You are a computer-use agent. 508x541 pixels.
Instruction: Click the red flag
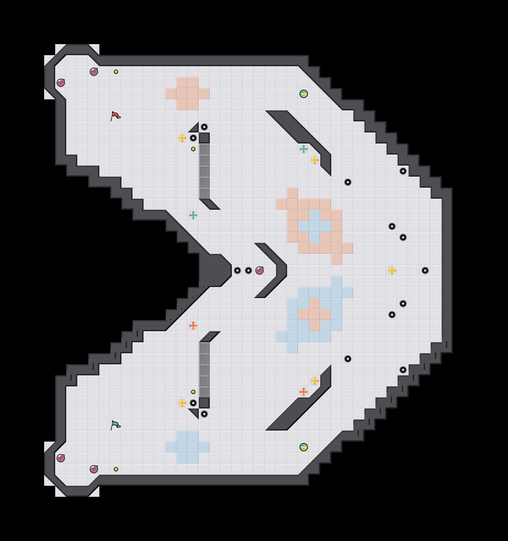click(x=116, y=116)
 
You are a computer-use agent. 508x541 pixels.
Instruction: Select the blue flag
click(x=116, y=425)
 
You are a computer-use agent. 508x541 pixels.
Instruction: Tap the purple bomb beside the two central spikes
click(x=260, y=270)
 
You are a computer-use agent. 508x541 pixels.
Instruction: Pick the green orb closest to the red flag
click(x=304, y=94)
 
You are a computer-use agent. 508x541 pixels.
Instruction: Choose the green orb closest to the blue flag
click(x=304, y=447)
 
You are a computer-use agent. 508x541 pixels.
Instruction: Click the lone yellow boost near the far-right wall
click(x=392, y=270)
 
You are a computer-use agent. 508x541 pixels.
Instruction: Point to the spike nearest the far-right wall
click(x=425, y=270)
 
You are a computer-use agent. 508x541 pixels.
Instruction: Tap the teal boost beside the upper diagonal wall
click(x=304, y=149)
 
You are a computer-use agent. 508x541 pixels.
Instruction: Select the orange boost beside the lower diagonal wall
click(x=304, y=392)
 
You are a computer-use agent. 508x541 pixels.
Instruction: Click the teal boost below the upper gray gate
click(x=193, y=215)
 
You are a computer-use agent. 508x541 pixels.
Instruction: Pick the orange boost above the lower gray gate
click(x=193, y=326)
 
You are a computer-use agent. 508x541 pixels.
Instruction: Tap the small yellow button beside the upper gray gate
click(x=193, y=149)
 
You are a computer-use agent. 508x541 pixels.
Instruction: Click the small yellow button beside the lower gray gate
click(x=193, y=392)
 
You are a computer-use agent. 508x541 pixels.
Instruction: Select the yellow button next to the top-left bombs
click(x=116, y=72)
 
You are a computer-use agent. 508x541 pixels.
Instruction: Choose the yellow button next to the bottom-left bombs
click(x=116, y=469)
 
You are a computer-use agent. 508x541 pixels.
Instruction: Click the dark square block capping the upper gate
click(x=204, y=138)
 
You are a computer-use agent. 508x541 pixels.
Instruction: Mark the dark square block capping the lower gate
click(x=204, y=403)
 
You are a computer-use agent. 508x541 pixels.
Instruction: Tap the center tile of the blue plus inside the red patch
click(x=315, y=226)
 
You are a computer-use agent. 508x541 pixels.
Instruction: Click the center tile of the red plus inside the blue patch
click(x=315, y=315)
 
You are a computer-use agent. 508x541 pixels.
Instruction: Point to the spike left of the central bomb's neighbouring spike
click(x=237, y=270)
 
